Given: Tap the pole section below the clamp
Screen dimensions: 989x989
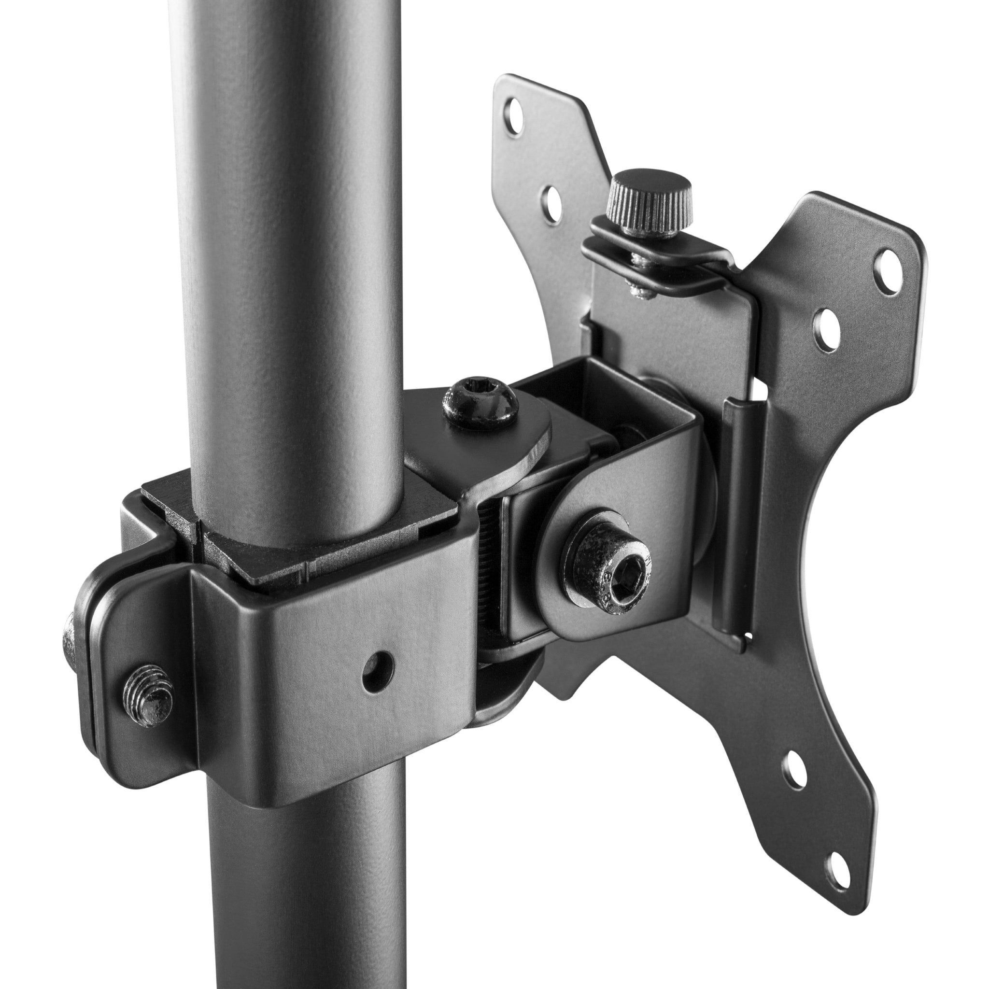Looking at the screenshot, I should point(307,880).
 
